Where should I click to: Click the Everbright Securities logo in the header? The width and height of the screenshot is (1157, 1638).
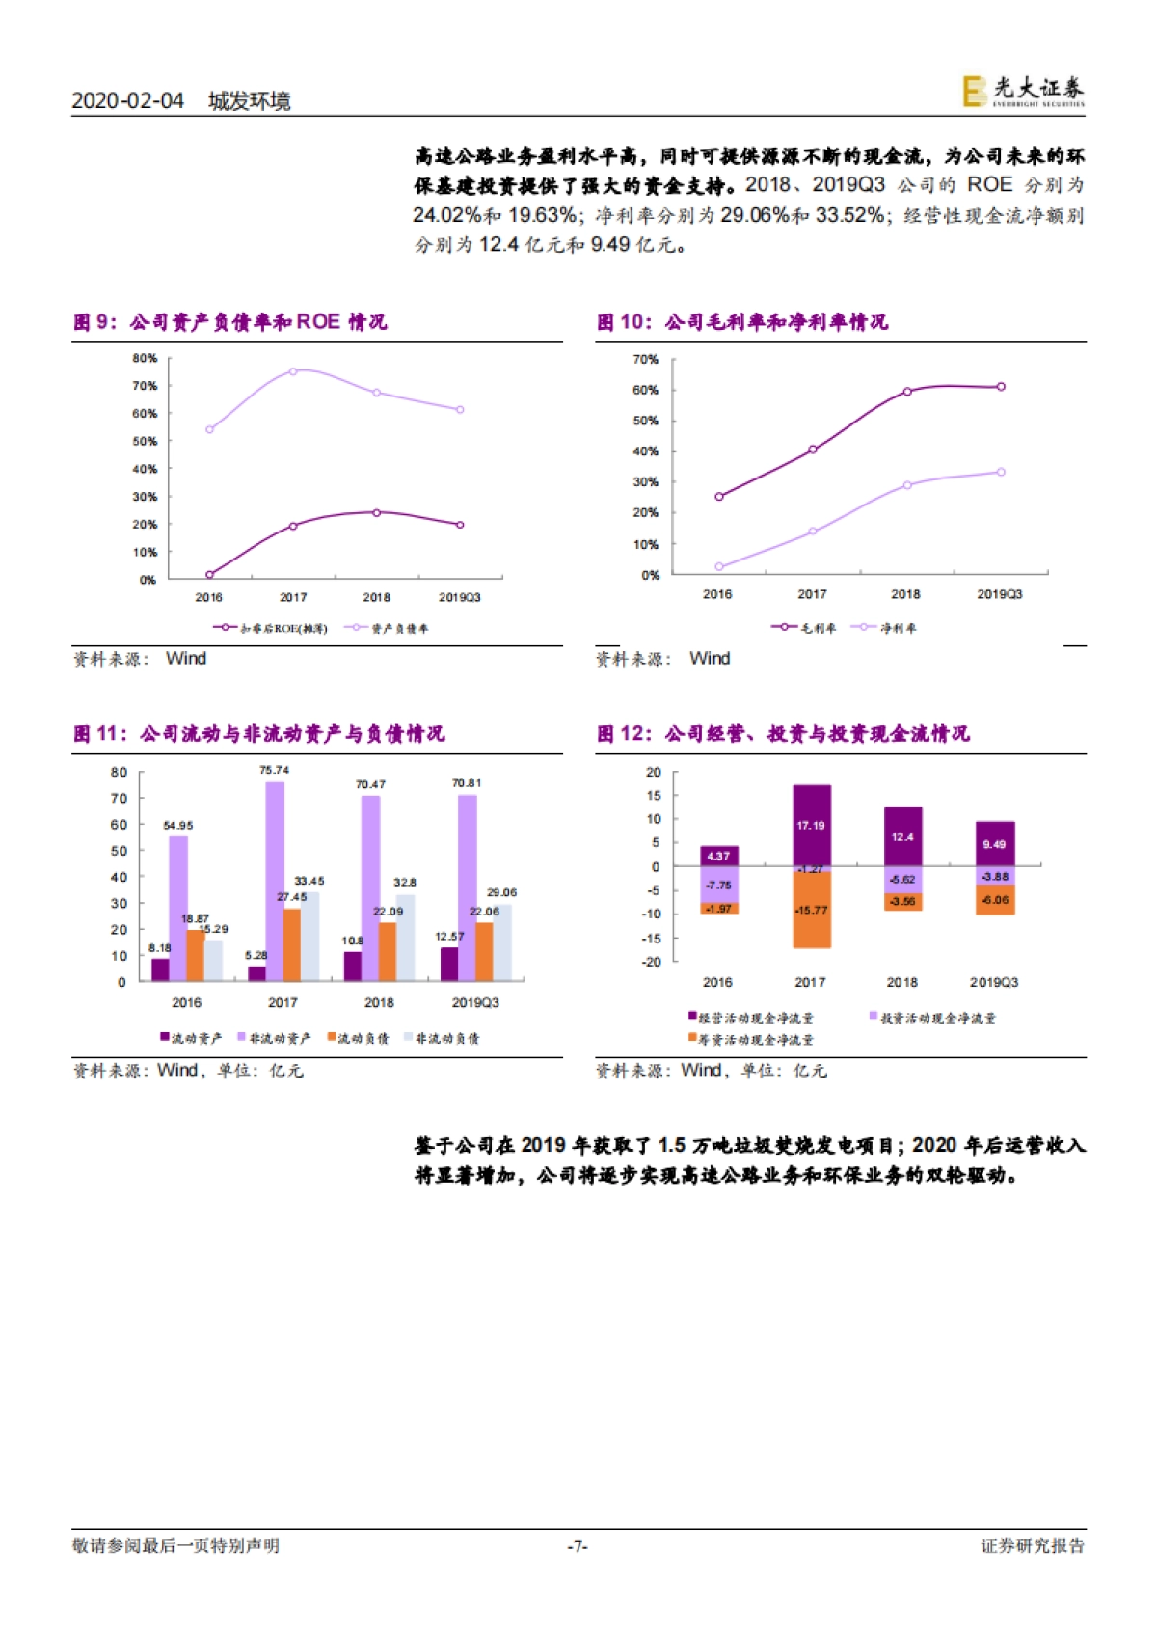coord(1023,92)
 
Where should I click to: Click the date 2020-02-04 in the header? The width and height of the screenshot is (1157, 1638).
coord(127,101)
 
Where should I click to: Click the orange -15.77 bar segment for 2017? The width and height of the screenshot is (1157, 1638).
coord(812,911)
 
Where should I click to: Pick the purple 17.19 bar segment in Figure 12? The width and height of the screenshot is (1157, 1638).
coord(812,826)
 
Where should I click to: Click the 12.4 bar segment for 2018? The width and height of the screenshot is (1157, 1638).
coord(902,836)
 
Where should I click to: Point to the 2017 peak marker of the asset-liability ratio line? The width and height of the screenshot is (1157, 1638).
coord(293,371)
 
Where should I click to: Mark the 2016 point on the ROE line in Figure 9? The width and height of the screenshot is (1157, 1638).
coord(209,575)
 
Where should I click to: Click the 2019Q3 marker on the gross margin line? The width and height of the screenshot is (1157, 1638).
coord(1001,387)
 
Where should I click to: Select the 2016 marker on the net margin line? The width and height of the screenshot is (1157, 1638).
coord(718,567)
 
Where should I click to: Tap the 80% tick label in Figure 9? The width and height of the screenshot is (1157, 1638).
coord(145,359)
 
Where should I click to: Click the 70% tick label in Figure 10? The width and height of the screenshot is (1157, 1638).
coord(645,360)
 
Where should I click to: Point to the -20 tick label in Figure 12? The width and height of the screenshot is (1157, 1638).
coord(653,962)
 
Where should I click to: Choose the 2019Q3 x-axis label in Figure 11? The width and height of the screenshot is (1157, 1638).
coord(475,1003)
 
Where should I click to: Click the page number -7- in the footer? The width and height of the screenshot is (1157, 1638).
coord(578,1546)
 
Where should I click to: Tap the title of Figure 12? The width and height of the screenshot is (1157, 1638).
coord(783,734)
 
